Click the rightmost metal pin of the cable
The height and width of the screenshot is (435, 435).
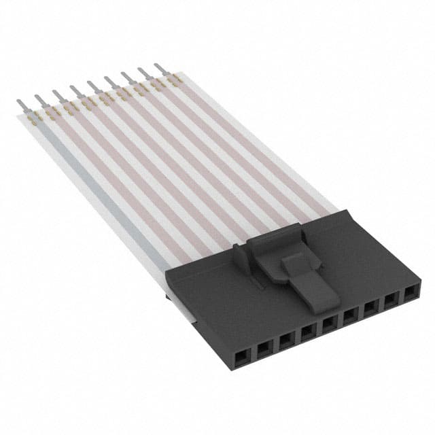160,68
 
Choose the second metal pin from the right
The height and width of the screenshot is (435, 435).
143,72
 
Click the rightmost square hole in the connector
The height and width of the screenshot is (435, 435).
411,294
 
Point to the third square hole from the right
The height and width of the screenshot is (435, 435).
371,307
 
